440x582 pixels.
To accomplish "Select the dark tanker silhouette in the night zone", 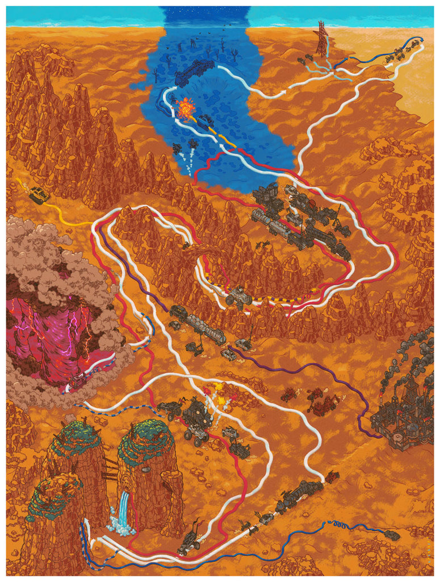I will click(x=194, y=73).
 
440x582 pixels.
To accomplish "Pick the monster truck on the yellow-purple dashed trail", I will click(x=238, y=295).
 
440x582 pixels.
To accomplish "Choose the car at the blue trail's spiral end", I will click(x=391, y=535).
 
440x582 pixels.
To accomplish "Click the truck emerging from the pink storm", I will click(x=77, y=381).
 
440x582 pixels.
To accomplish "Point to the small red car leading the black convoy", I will click(x=332, y=479).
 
